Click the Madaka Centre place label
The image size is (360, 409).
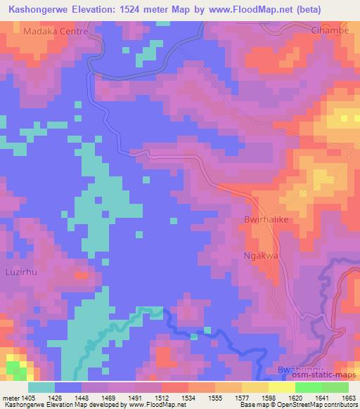(x=55, y=32)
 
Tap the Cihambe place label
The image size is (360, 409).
(x=330, y=31)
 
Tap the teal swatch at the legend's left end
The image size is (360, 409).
(x=42, y=387)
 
